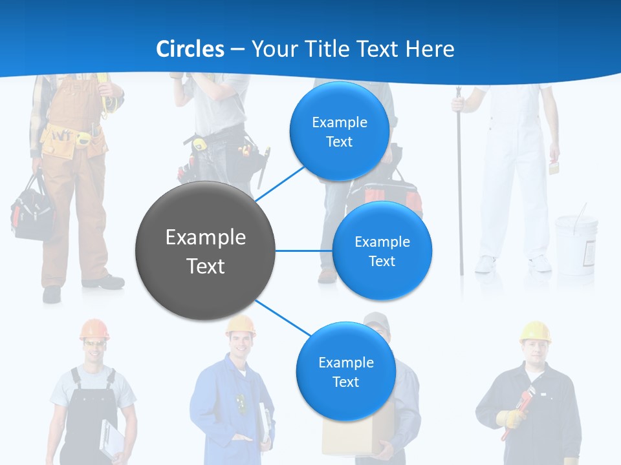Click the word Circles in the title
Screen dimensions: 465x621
[x=190, y=49]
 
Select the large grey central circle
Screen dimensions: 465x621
[x=206, y=251]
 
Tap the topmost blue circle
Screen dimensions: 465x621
[x=339, y=132]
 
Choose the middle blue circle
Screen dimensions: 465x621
[x=382, y=251]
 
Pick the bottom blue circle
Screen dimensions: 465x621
[x=345, y=372]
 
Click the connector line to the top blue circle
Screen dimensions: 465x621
[x=279, y=183]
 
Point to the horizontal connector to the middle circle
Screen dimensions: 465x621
[x=303, y=251]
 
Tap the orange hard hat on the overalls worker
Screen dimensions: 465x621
[x=94, y=329]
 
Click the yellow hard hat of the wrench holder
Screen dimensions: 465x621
[x=535, y=331]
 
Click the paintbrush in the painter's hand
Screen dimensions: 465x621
[x=554, y=167]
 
